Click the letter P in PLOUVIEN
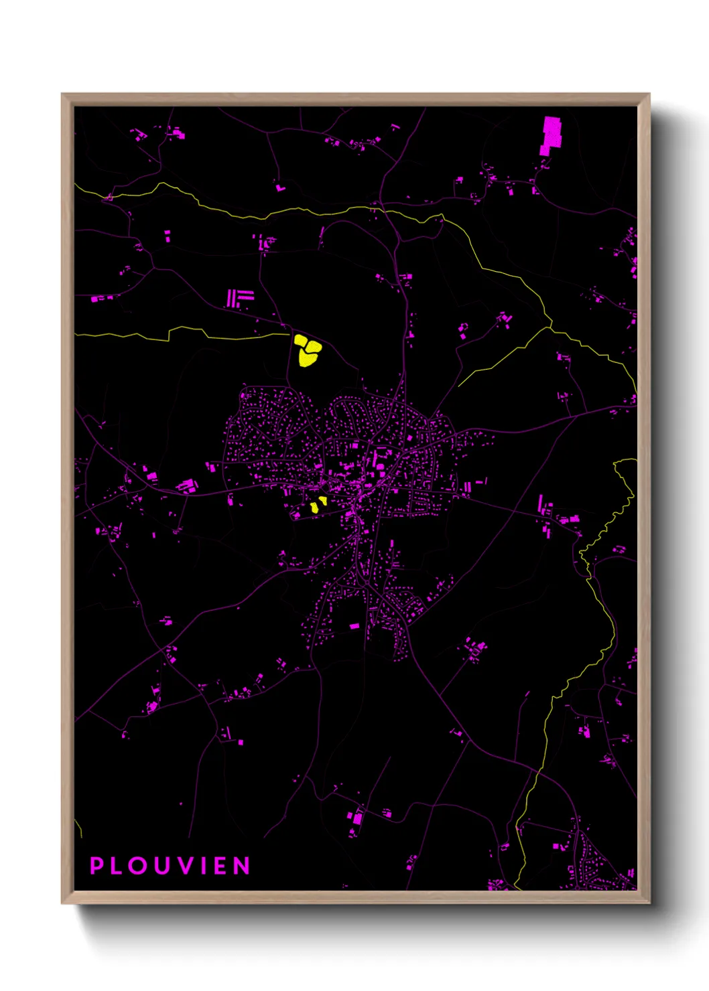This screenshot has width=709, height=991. coord(96,866)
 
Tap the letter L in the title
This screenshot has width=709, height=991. coord(117,866)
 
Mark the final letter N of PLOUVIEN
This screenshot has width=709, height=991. coord(243,866)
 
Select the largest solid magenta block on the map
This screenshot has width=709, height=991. coord(551,135)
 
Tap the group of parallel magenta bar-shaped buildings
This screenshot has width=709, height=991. coord(239,298)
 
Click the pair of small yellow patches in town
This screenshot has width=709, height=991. coord(318,504)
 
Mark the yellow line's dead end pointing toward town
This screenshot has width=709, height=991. coord(459,386)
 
